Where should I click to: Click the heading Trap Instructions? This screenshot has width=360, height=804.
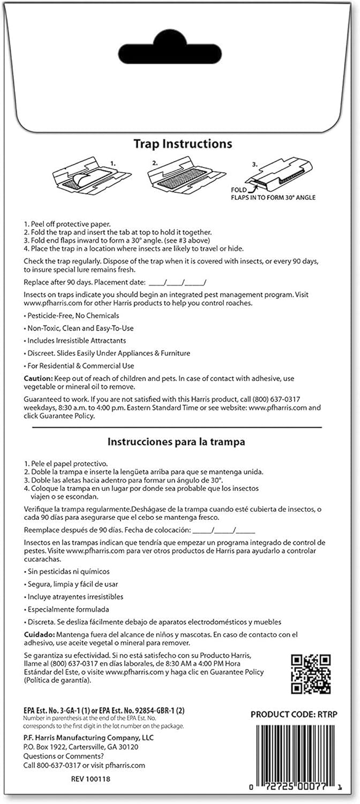coord(183,144)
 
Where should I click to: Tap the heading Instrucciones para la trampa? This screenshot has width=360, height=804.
coord(176,442)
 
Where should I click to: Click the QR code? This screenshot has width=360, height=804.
coord(310,674)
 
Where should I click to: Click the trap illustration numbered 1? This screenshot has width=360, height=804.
coord(92,176)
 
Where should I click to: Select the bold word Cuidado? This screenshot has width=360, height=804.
coord(39,635)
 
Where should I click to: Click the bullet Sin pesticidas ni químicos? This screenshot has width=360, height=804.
coord(66,571)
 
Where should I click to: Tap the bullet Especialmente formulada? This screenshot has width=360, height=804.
coord(68,609)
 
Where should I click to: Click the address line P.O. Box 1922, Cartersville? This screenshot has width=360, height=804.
coord(81,747)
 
